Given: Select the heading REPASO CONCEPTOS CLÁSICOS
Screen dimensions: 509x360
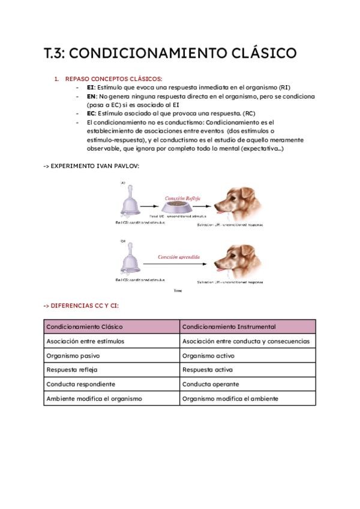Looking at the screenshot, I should click(x=113, y=79).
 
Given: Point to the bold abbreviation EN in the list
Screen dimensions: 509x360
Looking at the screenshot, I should click(x=91, y=96).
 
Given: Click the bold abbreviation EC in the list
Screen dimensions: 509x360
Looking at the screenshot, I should click(x=91, y=113).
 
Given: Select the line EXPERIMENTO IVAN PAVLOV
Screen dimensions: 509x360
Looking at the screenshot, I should click(x=91, y=166).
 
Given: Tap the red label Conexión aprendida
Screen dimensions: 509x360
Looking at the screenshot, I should click(x=179, y=256).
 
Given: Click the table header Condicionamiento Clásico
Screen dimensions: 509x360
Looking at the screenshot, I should click(x=85, y=327).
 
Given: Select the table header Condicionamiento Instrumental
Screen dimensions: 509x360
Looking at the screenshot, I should click(x=229, y=327).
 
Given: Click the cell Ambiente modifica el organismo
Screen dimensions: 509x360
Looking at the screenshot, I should click(x=94, y=399).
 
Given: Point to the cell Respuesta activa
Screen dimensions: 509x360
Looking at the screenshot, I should click(x=207, y=370).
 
